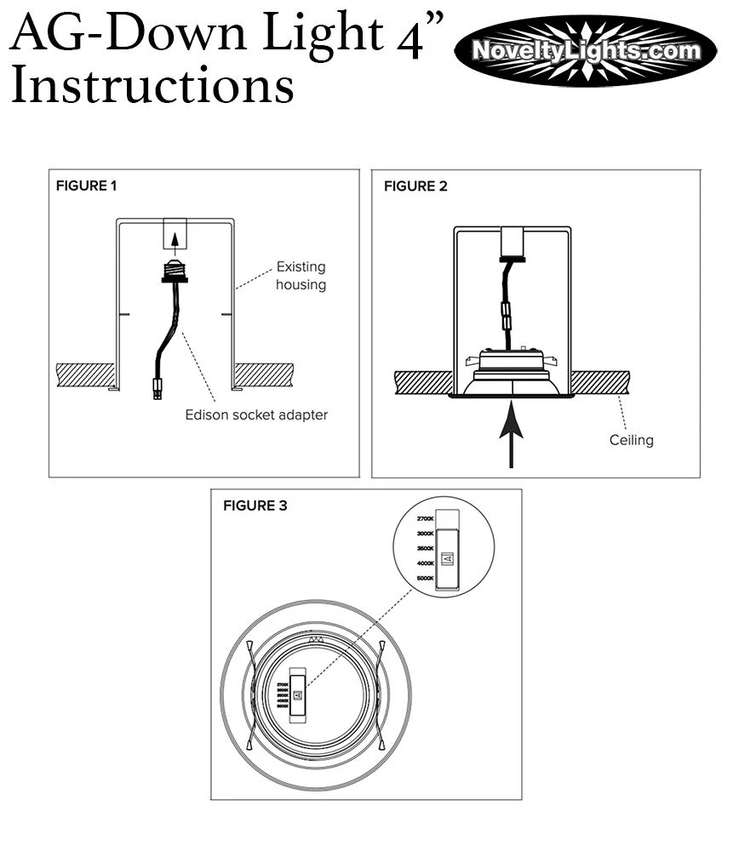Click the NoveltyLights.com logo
click(x=586, y=51)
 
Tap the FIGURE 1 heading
click(x=86, y=186)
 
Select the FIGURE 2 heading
click(x=415, y=186)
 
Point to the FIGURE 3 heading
click(x=255, y=505)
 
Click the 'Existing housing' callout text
click(x=301, y=276)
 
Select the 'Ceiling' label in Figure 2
click(x=631, y=440)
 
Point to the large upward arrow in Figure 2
click(x=512, y=433)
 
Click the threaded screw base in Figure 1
click(x=175, y=269)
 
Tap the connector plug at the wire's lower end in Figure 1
click(x=156, y=389)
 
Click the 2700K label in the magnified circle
click(x=426, y=518)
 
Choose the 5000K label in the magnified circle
click(x=426, y=579)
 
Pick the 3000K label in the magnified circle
click(x=426, y=534)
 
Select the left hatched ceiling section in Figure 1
click(x=84, y=374)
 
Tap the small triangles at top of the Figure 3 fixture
click(x=316, y=639)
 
